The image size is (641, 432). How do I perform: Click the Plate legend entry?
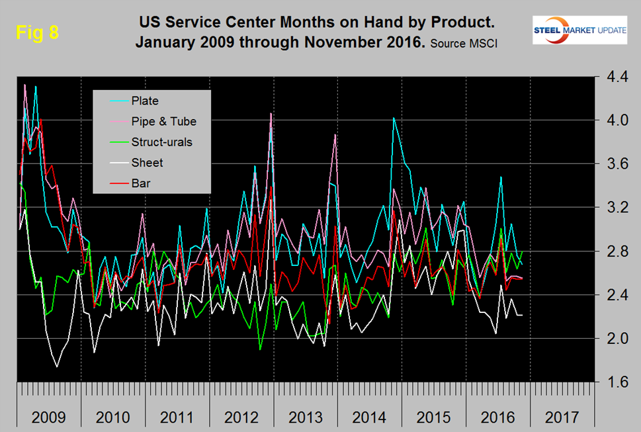[x=145, y=101]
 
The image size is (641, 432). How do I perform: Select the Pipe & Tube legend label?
[x=163, y=121]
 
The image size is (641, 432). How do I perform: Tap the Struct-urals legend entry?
[x=161, y=142]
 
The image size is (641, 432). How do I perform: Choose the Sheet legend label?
[x=147, y=162]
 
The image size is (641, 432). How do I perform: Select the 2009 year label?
[x=48, y=418]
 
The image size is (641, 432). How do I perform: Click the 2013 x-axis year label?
[x=305, y=418]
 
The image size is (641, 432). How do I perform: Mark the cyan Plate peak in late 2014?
[x=394, y=118]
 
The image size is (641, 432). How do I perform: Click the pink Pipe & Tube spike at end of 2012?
[x=271, y=113]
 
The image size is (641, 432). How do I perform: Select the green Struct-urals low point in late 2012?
[x=260, y=349]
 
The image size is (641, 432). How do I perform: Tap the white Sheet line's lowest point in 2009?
[x=57, y=366]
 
